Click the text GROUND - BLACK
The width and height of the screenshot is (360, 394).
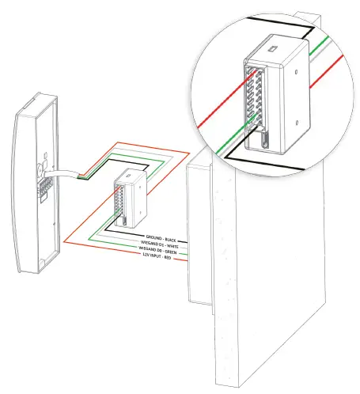164,237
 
